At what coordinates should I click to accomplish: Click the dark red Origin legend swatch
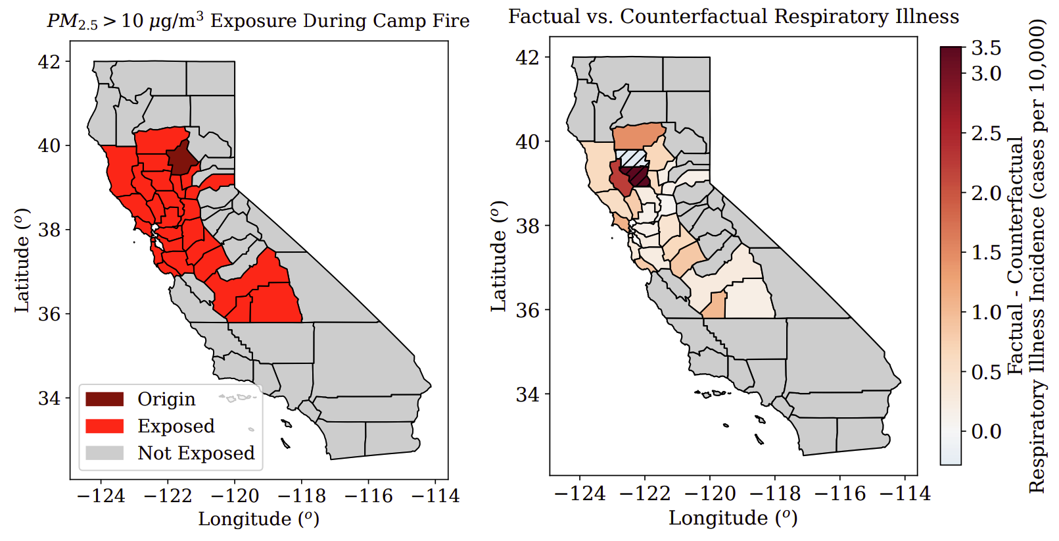click(x=105, y=399)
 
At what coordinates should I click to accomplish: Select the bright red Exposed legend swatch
click(x=105, y=426)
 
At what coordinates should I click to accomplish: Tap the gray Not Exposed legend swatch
click(x=105, y=453)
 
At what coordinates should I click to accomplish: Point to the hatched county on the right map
click(x=633, y=158)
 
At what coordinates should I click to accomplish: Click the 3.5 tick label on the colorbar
click(x=986, y=48)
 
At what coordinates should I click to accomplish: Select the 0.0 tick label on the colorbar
click(x=986, y=432)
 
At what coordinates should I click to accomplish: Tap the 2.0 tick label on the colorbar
click(x=986, y=193)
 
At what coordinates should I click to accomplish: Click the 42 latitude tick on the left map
click(x=49, y=62)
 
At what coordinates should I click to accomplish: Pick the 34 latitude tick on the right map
click(x=527, y=395)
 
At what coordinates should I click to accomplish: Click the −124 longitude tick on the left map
click(x=101, y=496)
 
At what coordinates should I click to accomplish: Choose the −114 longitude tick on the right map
click(x=905, y=494)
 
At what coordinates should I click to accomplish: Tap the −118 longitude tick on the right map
click(x=775, y=494)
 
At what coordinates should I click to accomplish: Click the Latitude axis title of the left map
click(x=22, y=262)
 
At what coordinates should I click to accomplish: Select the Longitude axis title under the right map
click(x=732, y=518)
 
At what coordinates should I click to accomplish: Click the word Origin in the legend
click(x=166, y=399)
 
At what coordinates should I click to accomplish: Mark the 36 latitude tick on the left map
click(x=49, y=314)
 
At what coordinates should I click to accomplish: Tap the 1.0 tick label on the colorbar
click(x=986, y=312)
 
